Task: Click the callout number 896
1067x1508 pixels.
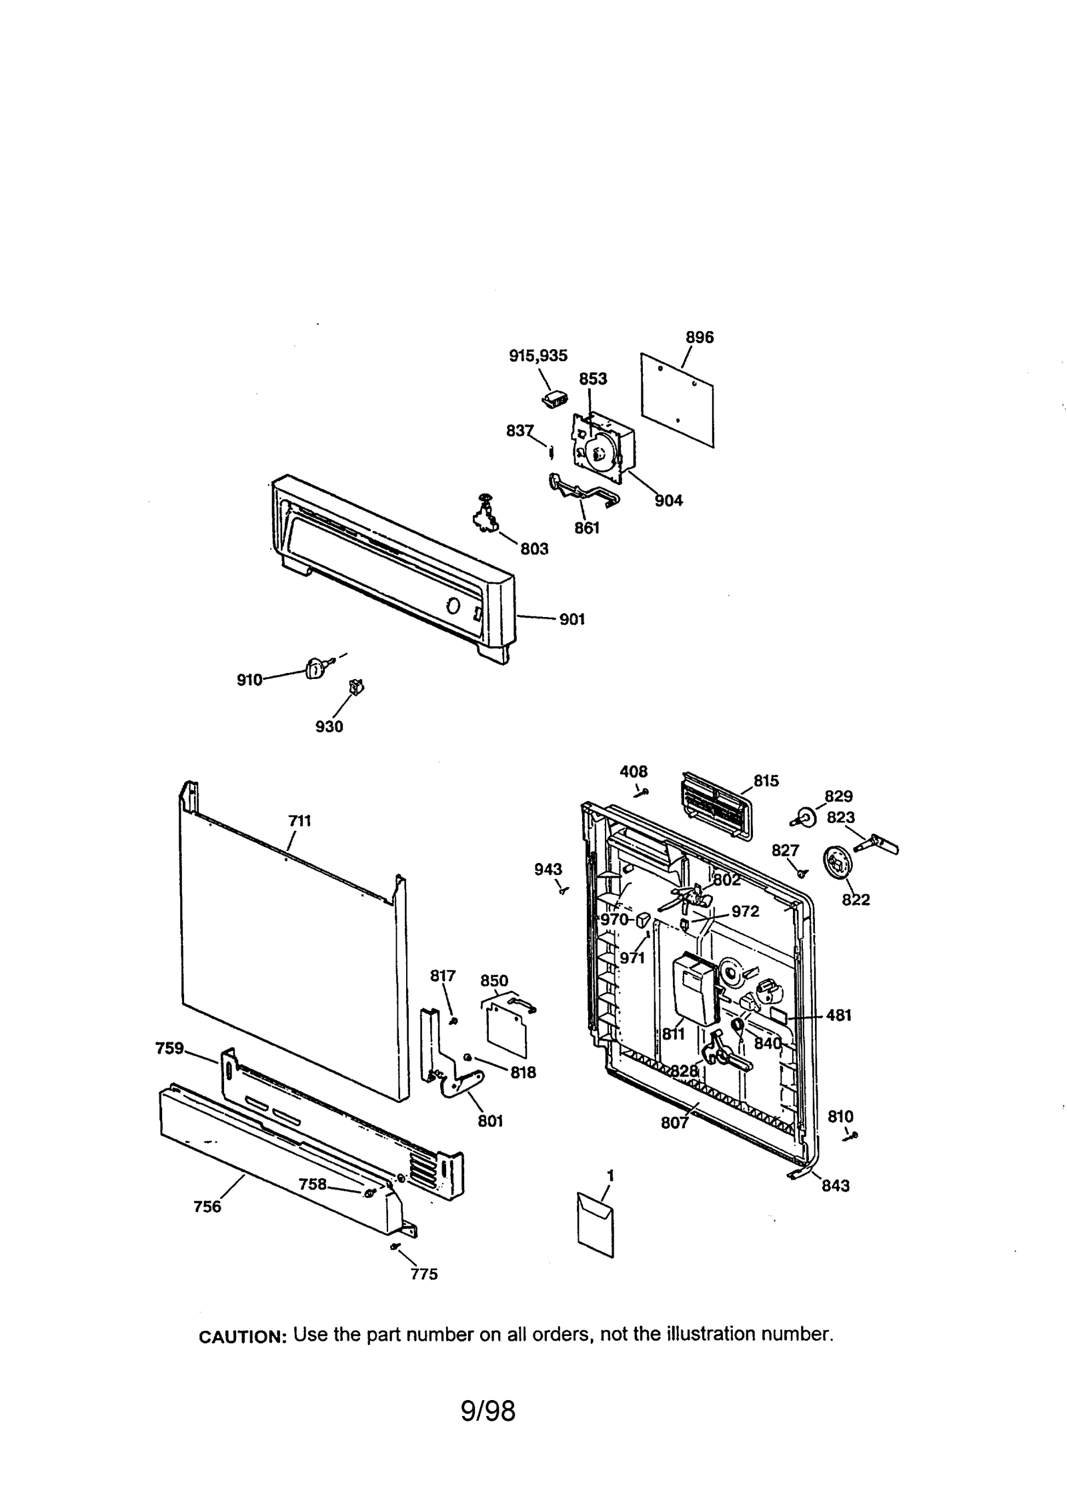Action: [699, 338]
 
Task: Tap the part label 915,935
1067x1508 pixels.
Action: [538, 356]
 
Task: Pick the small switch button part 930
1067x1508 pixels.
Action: [357, 686]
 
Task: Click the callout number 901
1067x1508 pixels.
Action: [572, 620]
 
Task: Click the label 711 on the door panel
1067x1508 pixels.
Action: [299, 821]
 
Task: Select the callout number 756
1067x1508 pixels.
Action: [207, 1207]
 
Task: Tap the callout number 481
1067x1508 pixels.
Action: [838, 1016]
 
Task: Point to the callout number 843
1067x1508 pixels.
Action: [836, 1185]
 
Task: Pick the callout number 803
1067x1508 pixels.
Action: [533, 549]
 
